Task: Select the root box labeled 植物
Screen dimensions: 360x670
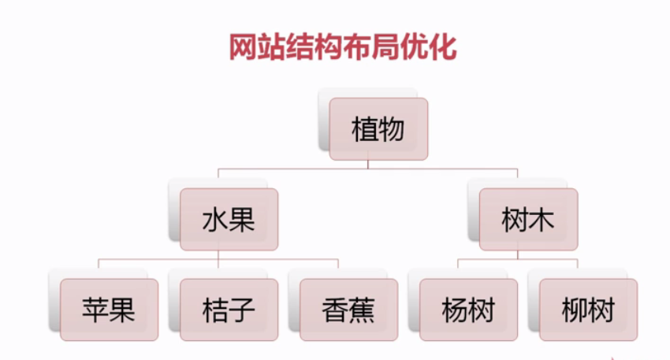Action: tap(378, 128)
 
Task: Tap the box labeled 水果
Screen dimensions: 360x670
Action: tap(229, 219)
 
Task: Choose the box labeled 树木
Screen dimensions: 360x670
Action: tap(528, 219)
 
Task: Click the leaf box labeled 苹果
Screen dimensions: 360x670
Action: tap(109, 310)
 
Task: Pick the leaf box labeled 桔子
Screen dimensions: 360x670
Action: tap(229, 310)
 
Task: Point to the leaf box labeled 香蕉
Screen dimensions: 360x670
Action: tap(348, 310)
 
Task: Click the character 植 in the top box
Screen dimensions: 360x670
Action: tap(365, 128)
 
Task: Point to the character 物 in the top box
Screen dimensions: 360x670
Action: tap(392, 128)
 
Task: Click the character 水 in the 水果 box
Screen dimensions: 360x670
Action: tap(215, 219)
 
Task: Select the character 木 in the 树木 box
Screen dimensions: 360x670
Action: tap(542, 219)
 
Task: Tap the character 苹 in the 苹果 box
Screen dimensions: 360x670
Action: tap(95, 310)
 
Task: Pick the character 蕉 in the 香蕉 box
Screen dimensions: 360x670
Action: tap(362, 310)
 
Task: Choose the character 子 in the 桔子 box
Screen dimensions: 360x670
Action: tap(242, 310)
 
